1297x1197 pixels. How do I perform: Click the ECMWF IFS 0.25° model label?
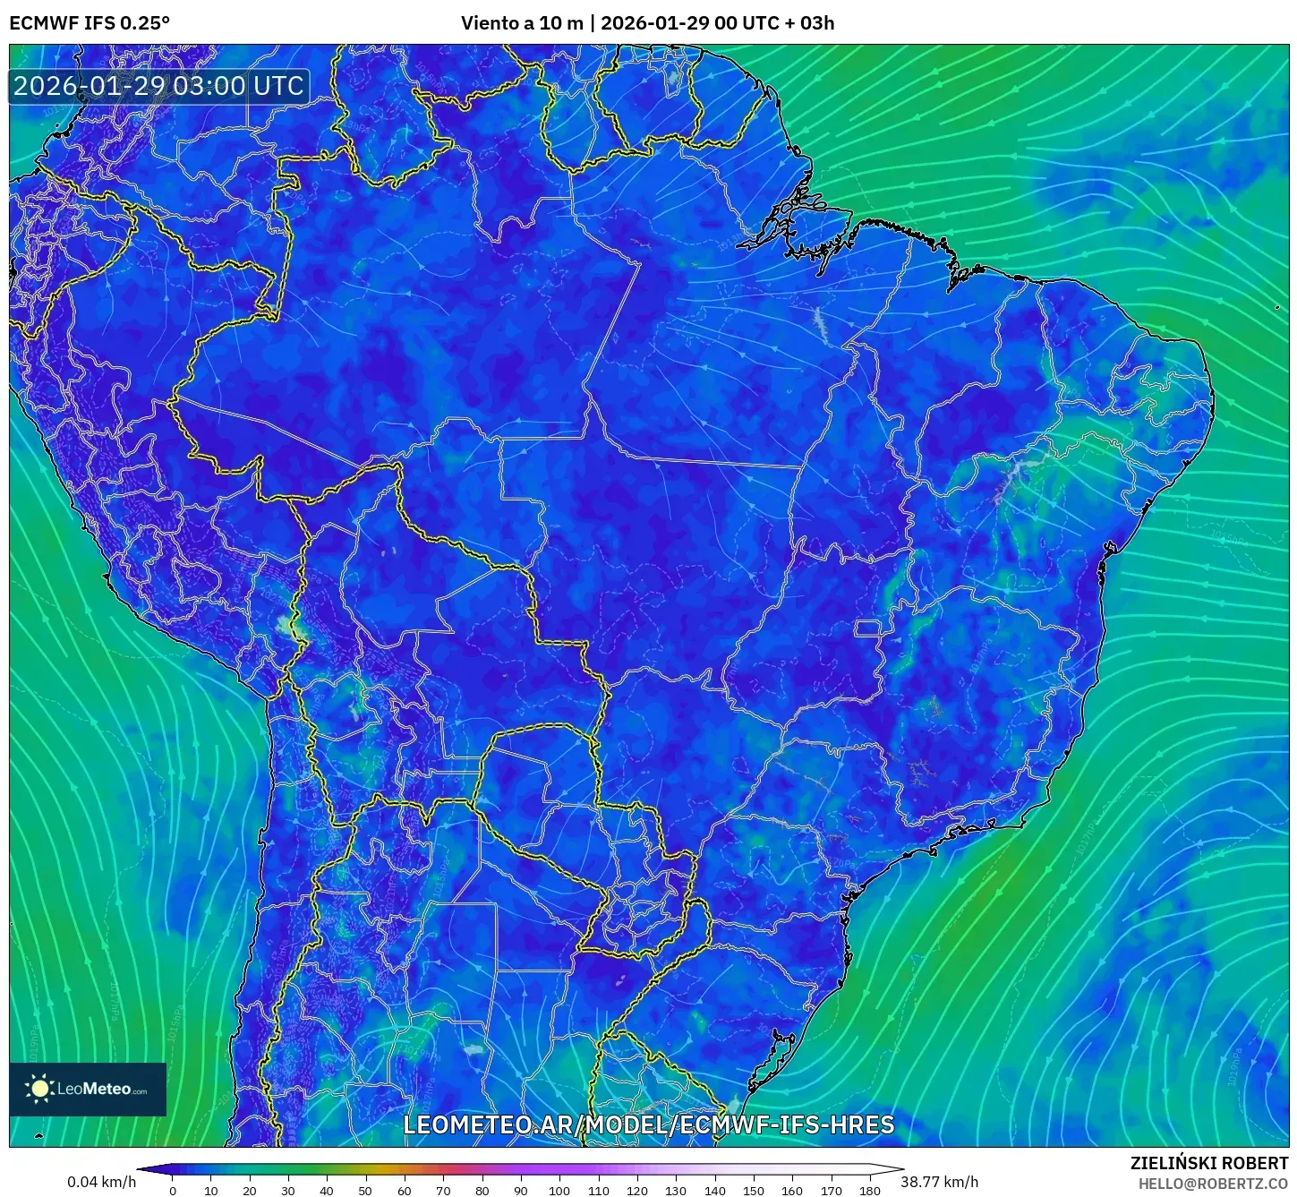coord(90,23)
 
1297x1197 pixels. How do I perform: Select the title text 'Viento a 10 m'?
coord(521,23)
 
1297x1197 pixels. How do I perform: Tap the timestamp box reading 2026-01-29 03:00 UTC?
coord(158,86)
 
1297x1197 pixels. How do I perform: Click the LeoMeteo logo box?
coord(88,1089)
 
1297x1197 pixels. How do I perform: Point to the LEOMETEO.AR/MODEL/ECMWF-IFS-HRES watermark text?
coord(648,1124)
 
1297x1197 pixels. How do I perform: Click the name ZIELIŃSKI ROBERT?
coord(1208,1163)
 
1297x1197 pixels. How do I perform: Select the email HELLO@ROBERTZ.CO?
coord(1213,1184)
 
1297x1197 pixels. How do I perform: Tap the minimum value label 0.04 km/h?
coord(101,1182)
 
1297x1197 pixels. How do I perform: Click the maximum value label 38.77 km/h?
coord(939,1182)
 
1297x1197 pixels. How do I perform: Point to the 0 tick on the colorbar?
coord(173,1190)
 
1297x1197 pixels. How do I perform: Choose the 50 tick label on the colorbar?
coord(365,1190)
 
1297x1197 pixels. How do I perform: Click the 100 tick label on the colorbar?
coord(559,1190)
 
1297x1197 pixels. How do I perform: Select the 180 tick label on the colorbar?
coord(869,1190)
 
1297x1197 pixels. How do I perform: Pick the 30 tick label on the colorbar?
coord(288,1190)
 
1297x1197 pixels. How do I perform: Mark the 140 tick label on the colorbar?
coord(714,1190)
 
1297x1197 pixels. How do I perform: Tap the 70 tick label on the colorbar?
coord(443,1190)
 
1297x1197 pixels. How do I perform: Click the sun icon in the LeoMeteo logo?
coord(39,1089)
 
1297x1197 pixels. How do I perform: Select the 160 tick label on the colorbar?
coord(792,1190)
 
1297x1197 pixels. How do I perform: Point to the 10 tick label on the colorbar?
coord(211,1190)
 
